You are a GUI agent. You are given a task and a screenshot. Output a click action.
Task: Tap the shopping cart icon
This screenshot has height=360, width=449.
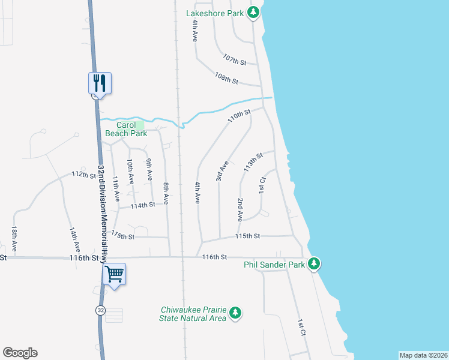(114, 274)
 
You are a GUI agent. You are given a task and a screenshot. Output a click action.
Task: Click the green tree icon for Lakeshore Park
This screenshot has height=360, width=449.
(254, 13)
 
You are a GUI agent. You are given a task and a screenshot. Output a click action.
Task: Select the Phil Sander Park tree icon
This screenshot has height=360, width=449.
(313, 264)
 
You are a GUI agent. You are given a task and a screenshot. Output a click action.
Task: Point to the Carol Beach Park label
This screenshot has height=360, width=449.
(126, 130)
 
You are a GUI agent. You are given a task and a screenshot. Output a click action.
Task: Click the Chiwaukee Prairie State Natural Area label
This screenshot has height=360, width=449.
(193, 314)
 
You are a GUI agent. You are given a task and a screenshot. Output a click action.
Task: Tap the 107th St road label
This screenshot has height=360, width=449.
(235, 60)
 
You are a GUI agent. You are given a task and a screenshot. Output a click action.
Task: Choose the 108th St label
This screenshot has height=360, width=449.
(227, 79)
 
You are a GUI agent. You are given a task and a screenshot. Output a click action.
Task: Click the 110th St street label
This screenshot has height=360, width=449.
(238, 116)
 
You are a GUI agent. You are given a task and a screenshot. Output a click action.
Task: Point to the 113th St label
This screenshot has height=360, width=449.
(253, 163)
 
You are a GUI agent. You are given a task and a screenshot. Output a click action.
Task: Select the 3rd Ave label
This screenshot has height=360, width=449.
(222, 171)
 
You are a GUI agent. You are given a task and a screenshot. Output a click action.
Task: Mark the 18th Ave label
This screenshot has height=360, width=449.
(14, 238)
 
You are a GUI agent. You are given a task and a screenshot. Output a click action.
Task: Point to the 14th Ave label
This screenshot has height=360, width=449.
(74, 238)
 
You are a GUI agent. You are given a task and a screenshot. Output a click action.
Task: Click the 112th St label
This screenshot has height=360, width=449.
(83, 174)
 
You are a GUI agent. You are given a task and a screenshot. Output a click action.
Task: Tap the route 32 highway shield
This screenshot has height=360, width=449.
(100, 309)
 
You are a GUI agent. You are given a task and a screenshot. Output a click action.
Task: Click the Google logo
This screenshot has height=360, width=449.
(20, 353)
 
